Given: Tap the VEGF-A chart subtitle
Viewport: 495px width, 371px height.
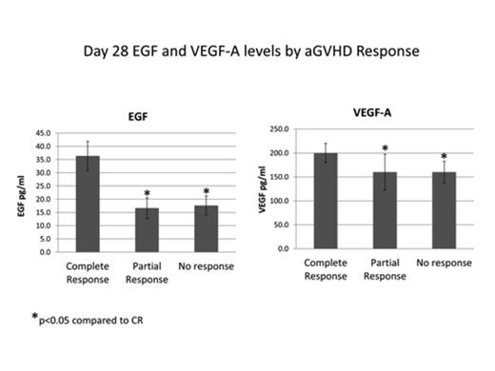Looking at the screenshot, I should pos(371,110).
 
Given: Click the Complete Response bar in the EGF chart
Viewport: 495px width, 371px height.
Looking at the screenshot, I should pos(88,204).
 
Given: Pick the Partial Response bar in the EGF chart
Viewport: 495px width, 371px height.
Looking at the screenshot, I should pos(147,229).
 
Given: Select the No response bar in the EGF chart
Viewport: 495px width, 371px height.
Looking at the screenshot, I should pos(206,228).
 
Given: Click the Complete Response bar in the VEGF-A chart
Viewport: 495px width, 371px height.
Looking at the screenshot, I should pos(326,201).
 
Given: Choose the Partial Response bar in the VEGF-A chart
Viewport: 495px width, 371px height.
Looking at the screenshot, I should pos(384,210).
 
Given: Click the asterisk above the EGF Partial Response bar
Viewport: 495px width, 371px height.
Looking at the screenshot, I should pos(147,194).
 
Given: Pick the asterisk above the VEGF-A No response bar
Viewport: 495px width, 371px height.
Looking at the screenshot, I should pos(443,157).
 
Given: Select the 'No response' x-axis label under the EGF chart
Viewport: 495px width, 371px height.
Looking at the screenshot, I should pos(206,266).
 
